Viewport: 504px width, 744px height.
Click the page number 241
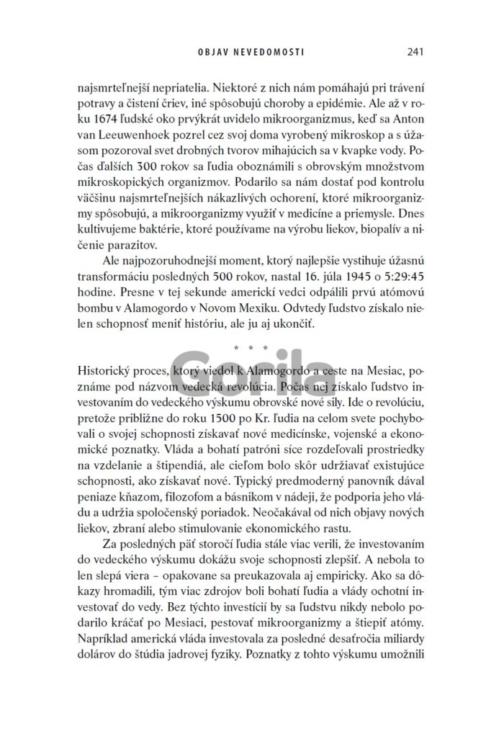pos(414,52)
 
